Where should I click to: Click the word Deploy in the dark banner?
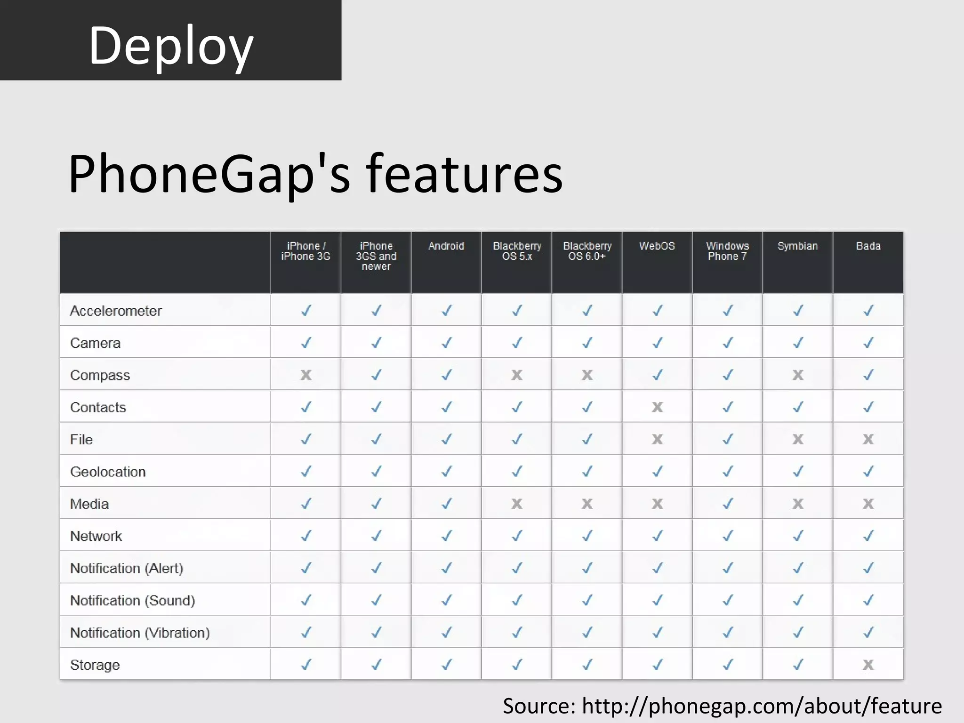[x=171, y=46]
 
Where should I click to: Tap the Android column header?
[x=446, y=246]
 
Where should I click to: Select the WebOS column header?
[x=657, y=246]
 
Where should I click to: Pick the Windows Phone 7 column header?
[x=727, y=251]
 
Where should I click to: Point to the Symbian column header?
[x=797, y=246]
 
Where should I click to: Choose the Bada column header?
[x=868, y=246]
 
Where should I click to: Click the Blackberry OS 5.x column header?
[x=517, y=251]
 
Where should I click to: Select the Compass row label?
[x=100, y=375]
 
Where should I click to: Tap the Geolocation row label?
[x=108, y=472]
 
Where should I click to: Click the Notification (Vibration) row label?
[x=140, y=633]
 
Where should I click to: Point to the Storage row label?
[x=95, y=665]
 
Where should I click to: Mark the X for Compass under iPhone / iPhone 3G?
[x=306, y=375]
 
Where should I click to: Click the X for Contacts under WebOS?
[x=657, y=407]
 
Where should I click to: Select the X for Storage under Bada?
[x=868, y=665]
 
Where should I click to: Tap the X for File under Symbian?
[x=797, y=440]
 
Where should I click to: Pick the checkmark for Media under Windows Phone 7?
[x=727, y=504]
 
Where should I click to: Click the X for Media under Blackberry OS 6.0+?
[x=587, y=504]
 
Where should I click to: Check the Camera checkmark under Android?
[x=446, y=343]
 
